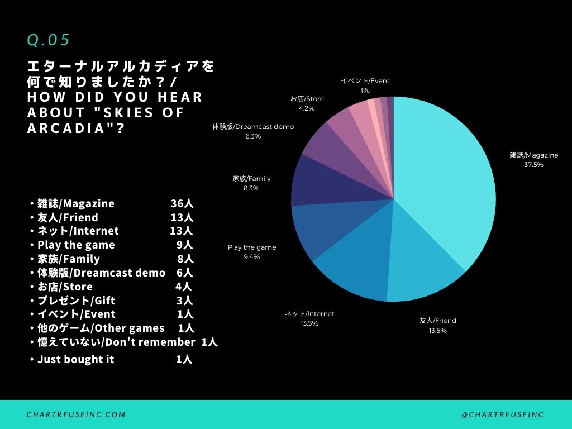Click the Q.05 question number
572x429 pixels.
click(49, 40)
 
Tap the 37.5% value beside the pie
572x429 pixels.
click(533, 165)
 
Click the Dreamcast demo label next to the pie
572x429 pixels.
click(252, 127)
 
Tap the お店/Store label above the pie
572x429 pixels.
click(307, 99)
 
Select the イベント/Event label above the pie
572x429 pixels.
click(365, 81)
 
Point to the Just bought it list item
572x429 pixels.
click(75, 359)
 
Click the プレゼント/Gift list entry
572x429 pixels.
click(76, 301)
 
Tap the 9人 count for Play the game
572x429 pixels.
click(184, 245)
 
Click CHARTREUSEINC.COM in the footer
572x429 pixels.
click(77, 414)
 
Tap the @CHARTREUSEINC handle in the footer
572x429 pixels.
click(503, 414)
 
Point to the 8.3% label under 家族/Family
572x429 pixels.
click(251, 188)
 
